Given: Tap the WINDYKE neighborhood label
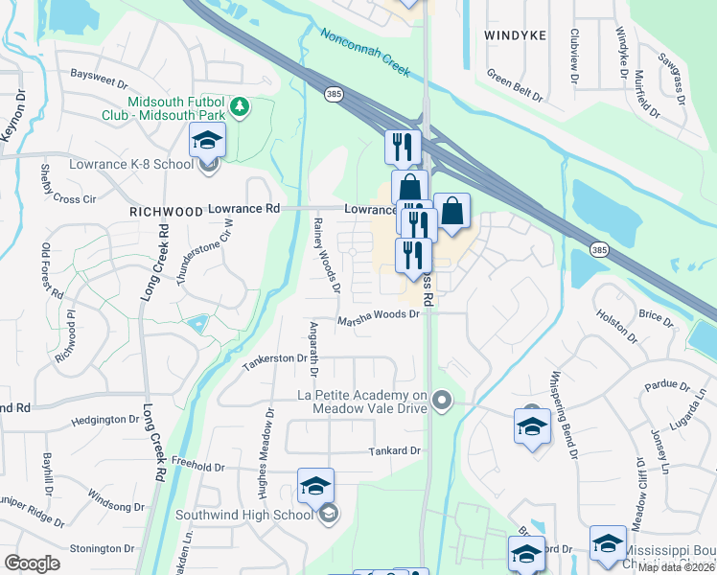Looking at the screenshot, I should (x=515, y=34).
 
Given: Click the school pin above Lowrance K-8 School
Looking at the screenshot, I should (x=207, y=142).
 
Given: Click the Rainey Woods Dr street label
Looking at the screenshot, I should (x=326, y=253).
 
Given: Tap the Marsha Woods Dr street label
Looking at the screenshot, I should (x=379, y=322).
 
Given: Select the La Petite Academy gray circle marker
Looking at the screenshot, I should (x=441, y=400).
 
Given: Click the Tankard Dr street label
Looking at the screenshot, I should (x=395, y=450).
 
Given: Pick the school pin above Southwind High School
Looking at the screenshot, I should (x=315, y=487).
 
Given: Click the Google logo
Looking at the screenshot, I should (x=33, y=563).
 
